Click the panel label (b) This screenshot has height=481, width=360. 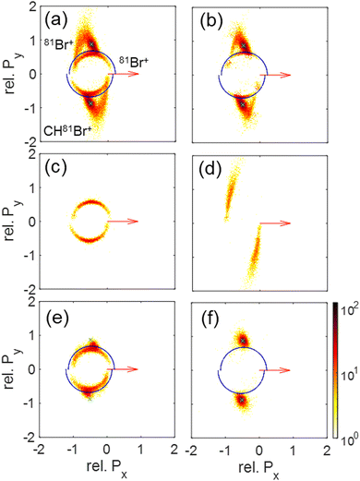pos(208,18)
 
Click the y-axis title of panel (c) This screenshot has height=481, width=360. pos(11,222)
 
